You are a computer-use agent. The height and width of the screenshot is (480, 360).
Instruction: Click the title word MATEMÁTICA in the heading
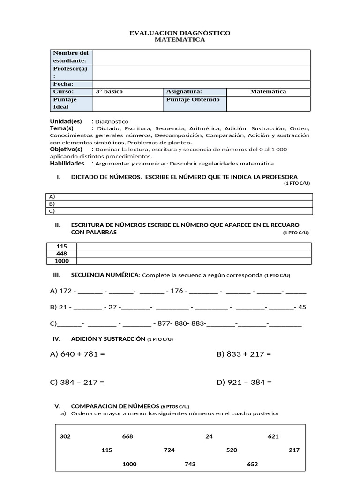[180, 40]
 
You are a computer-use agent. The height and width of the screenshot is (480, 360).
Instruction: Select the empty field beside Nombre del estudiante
[202, 57]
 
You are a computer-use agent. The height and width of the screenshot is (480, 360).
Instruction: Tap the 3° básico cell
[127, 91]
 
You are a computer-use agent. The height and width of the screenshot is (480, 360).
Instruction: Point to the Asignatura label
[184, 91]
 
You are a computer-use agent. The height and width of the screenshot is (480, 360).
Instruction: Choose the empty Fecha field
[202, 84]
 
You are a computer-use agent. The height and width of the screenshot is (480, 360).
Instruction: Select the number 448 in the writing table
[61, 254]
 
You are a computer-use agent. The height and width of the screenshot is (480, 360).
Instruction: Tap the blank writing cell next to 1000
[193, 261]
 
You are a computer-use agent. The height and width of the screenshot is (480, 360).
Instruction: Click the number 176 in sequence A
[177, 291]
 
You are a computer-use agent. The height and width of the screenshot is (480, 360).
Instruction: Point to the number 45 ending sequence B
[302, 307]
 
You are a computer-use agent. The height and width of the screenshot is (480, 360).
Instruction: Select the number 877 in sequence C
[164, 323]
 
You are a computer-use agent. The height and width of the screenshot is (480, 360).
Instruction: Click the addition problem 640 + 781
[77, 354]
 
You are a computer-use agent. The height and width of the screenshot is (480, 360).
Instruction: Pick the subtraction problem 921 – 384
[244, 382]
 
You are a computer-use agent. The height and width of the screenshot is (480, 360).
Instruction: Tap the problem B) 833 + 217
[244, 354]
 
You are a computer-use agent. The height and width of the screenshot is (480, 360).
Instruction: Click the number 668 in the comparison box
[127, 436]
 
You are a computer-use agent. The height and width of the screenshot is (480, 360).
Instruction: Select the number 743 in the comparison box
[190, 464]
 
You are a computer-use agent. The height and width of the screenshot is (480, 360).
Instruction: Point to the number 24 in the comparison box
[209, 436]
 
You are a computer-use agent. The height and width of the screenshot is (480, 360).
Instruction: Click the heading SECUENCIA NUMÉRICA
[105, 275]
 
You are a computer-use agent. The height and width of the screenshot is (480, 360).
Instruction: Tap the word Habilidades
[67, 164]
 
